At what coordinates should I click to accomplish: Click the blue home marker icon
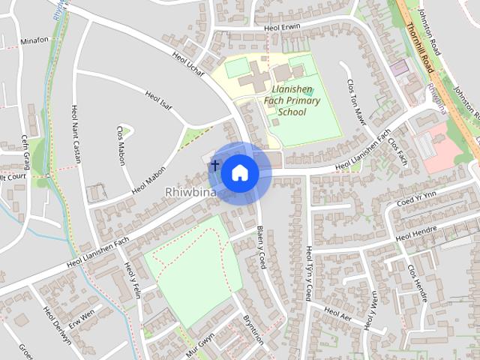(238, 172)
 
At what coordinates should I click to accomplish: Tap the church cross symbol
(215, 164)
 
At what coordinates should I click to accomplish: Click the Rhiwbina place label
(190, 193)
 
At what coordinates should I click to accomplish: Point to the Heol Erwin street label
(282, 27)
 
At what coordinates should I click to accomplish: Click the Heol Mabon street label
(148, 180)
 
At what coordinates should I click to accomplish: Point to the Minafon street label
(34, 41)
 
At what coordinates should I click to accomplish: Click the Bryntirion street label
(253, 328)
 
